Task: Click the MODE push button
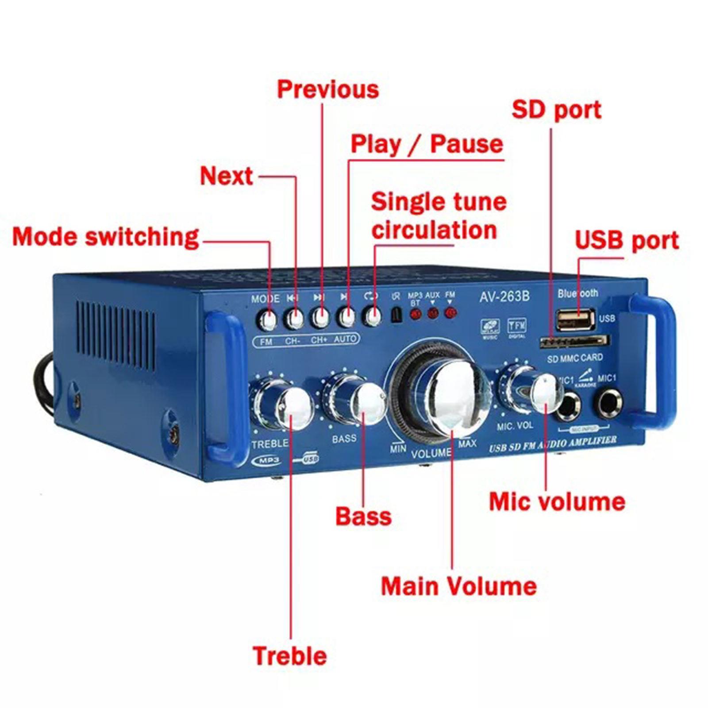click(267, 319)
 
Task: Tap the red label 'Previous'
click(328, 89)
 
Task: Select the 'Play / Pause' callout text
click(427, 144)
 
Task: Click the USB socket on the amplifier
click(575, 319)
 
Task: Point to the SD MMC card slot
click(574, 342)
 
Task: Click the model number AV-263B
click(504, 296)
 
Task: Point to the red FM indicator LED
click(450, 313)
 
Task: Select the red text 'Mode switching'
click(105, 237)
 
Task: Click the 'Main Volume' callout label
click(458, 586)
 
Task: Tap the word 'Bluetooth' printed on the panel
click(577, 293)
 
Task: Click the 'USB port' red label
click(627, 240)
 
